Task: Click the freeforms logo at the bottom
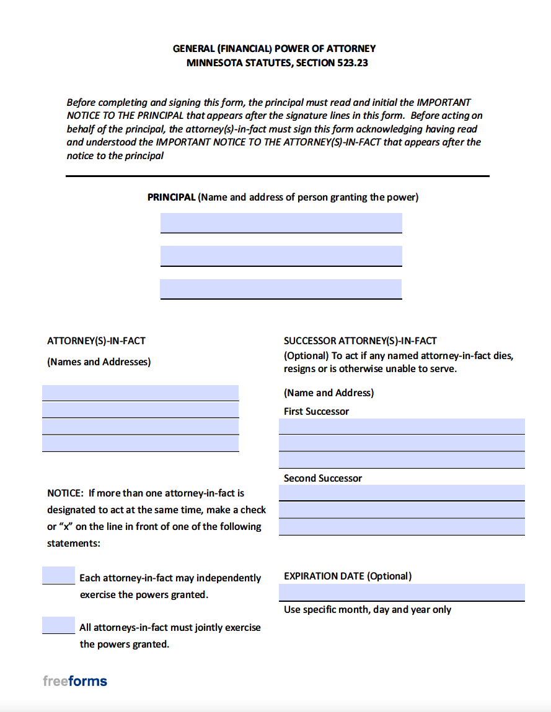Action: (x=75, y=681)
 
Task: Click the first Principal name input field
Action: (x=281, y=222)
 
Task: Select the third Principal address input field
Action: (x=281, y=289)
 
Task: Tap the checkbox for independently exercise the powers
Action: (x=58, y=575)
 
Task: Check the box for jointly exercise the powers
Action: (x=58, y=625)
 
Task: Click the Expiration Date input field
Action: (x=402, y=592)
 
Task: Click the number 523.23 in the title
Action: (x=353, y=63)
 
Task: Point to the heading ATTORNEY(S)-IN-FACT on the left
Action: (x=97, y=341)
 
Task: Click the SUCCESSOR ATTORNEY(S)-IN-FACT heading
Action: (x=360, y=341)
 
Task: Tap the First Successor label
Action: (x=316, y=411)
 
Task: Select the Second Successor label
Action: (x=322, y=478)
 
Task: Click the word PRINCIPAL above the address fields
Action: (x=171, y=198)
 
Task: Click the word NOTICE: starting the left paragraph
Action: (x=65, y=493)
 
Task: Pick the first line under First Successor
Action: (x=402, y=426)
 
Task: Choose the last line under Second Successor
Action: (x=402, y=527)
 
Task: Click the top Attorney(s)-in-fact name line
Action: (x=140, y=393)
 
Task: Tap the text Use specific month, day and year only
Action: (x=368, y=610)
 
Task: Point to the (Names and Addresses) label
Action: (x=99, y=362)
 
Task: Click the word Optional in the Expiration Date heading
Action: (x=389, y=576)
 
